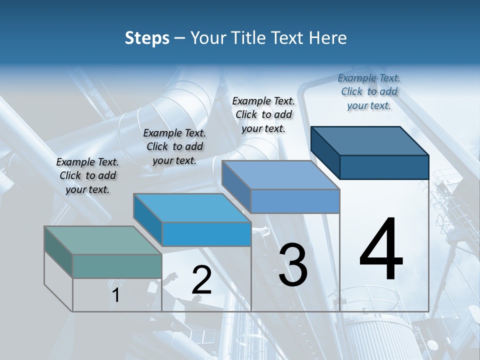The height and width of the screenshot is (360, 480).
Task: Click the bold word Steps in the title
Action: (x=147, y=38)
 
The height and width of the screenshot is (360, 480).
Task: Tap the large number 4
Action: (x=381, y=250)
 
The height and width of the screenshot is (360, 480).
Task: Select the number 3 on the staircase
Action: (x=293, y=264)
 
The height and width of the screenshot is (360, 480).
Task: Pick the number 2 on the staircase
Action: (x=201, y=280)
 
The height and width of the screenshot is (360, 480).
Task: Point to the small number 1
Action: (x=116, y=295)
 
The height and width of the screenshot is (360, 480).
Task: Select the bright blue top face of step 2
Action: (x=192, y=207)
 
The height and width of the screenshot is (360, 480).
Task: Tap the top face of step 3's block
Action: (x=280, y=175)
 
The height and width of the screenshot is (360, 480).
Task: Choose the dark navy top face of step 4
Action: (x=370, y=140)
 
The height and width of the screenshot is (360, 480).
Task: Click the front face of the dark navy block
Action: (x=384, y=167)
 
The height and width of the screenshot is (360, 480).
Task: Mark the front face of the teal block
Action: (x=117, y=266)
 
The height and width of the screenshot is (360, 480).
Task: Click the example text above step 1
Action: (x=87, y=175)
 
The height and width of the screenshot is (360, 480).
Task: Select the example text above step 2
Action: (x=174, y=146)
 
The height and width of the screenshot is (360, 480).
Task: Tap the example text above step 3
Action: (x=263, y=114)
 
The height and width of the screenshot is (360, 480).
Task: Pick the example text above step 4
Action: (x=369, y=91)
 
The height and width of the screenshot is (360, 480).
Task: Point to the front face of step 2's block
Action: (x=206, y=234)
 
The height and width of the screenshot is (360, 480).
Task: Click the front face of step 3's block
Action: (x=295, y=201)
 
